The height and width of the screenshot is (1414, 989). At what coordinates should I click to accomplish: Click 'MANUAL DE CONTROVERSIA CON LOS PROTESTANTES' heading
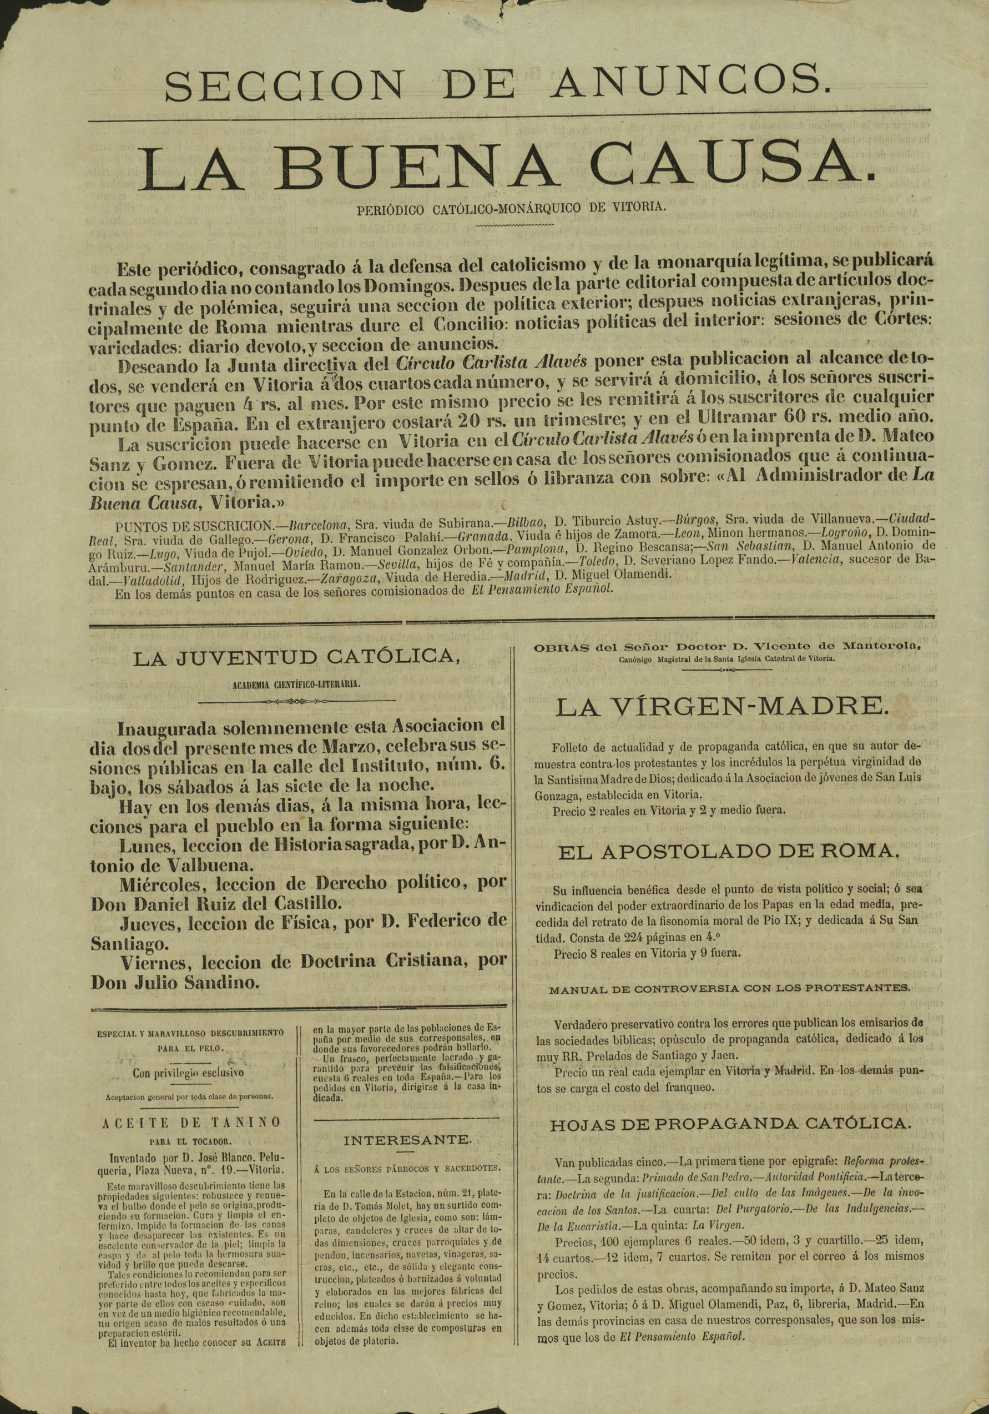pyautogui.click(x=729, y=988)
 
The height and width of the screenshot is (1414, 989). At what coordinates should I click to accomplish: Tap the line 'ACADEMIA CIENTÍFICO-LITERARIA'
pyautogui.click(x=297, y=683)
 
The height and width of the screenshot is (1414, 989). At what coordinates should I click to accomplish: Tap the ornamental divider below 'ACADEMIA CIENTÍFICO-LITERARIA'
pyautogui.click(x=297, y=702)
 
